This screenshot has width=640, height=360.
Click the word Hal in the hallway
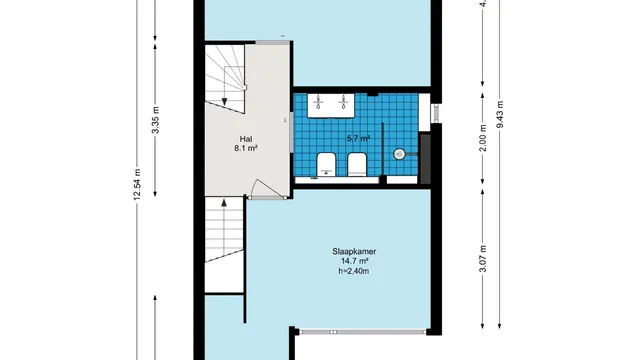(245, 138)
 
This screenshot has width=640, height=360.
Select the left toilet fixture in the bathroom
(326, 165)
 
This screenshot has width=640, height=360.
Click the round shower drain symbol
(400, 154)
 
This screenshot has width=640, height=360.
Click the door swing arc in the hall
(259, 188)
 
